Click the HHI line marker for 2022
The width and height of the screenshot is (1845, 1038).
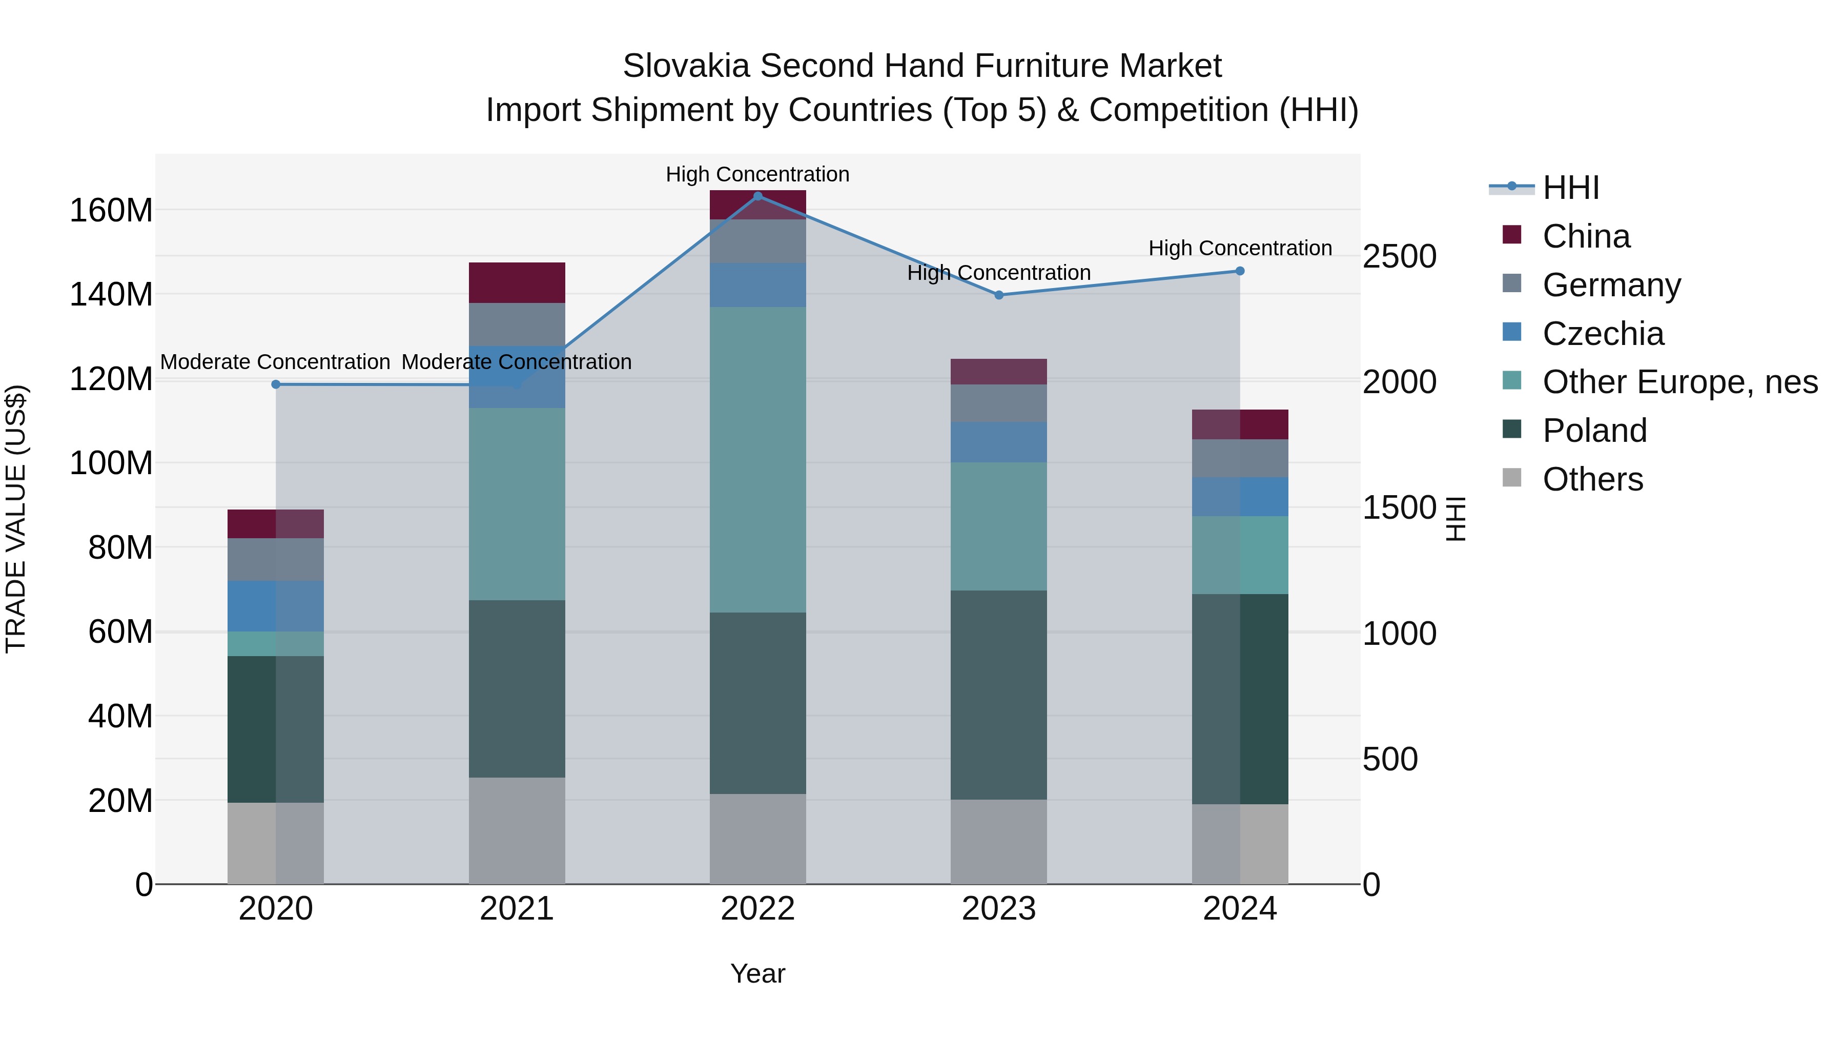758,196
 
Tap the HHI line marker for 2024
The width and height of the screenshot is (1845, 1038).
1240,271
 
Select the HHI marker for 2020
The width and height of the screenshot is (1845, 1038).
276,384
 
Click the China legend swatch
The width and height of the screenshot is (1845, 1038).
1511,235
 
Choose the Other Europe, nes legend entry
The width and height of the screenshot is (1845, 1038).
1679,382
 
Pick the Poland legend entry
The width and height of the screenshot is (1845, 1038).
1594,431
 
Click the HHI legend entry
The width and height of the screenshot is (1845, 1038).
1571,188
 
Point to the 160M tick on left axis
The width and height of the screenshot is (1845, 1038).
111,211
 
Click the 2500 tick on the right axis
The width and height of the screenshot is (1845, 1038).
1399,256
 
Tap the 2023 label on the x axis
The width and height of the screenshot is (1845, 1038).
998,909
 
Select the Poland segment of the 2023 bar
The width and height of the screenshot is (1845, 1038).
998,695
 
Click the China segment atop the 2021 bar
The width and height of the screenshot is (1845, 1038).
517,282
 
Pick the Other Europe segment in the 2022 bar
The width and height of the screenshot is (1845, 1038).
758,459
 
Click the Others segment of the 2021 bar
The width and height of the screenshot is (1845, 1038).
517,830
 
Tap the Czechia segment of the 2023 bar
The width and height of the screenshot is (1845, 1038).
998,442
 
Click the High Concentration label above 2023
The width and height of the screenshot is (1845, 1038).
998,273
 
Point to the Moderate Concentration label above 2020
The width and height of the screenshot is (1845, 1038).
275,362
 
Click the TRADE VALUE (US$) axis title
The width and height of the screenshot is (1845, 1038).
16,519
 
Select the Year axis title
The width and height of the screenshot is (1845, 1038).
758,973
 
